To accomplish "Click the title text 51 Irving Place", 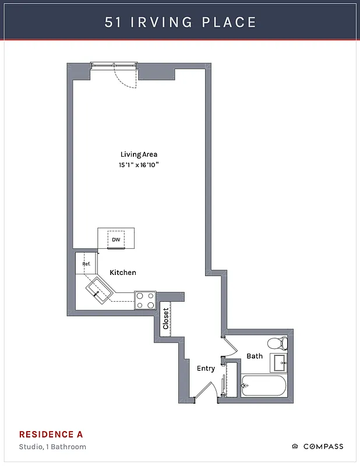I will coord(180,22).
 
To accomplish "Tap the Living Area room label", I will coord(139,154).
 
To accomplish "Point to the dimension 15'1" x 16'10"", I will coord(139,165).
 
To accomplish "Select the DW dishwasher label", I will coord(116,239).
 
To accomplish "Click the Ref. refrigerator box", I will coord(86,263).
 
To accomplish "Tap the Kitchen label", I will coord(123,273).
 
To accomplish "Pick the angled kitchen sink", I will coord(100,290).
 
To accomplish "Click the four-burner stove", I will coord(146,300).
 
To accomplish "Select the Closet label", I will coord(165,319).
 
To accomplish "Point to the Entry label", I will coord(206,368).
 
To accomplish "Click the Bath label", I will coord(255,356).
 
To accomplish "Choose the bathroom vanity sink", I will coord(280,362).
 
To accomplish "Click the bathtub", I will coord(263,386).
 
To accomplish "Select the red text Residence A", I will coord(51,435).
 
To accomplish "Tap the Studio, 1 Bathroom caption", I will coord(52,447).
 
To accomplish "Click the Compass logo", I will coord(317,447).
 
